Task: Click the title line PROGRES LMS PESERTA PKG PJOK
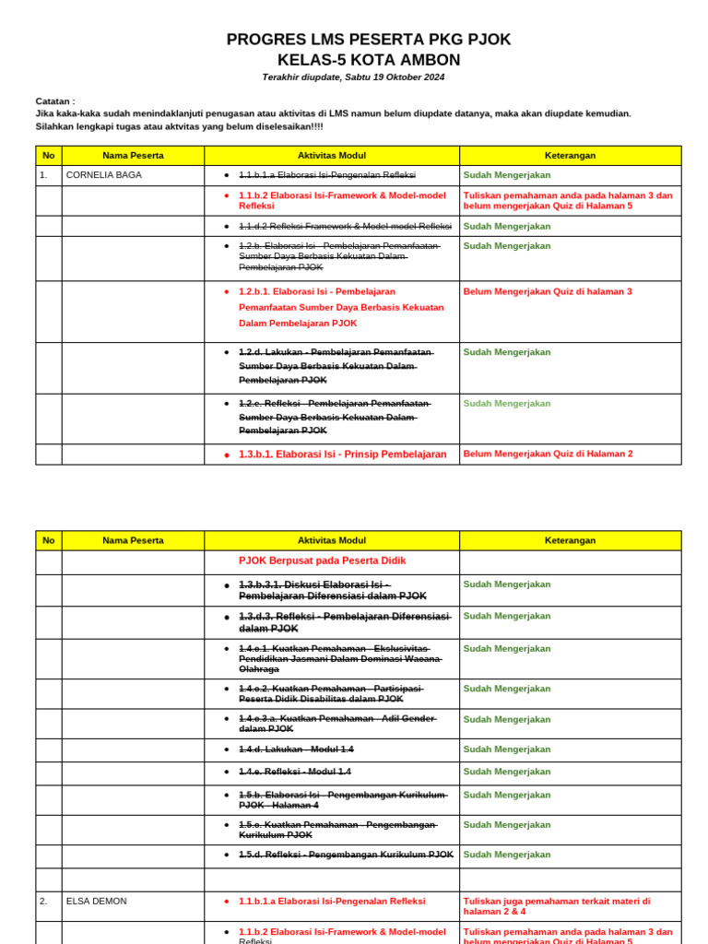[x=368, y=40]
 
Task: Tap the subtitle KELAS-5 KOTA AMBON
[x=368, y=60]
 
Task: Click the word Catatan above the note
[x=54, y=101]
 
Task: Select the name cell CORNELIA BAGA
[x=104, y=174]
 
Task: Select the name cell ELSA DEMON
[x=97, y=901]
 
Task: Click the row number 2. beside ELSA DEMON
[x=43, y=901]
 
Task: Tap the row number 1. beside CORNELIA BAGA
[x=43, y=174]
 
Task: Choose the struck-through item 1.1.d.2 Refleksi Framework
[x=345, y=226]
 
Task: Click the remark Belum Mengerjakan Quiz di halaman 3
[x=548, y=291]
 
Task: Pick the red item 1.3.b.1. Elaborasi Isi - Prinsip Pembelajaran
[x=342, y=454]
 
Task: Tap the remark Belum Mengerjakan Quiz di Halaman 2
[x=548, y=454]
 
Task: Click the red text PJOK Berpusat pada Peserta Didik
[x=322, y=560]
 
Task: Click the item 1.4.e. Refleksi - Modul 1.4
[x=294, y=772]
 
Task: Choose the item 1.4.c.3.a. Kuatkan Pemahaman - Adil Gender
[x=336, y=724]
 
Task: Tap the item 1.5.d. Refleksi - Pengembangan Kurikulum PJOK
[x=346, y=855]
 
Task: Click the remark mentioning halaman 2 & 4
[x=556, y=905]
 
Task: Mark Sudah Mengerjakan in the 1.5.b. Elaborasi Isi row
[x=506, y=795]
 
